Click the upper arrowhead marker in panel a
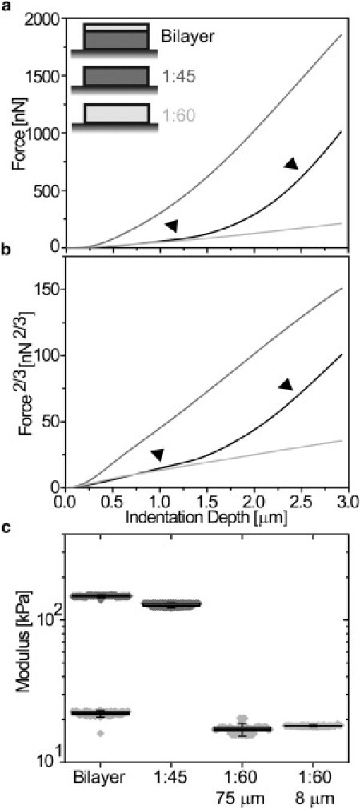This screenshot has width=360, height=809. [x=291, y=164]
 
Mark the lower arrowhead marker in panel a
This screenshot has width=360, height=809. [x=170, y=226]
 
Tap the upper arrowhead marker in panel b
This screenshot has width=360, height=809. [x=286, y=385]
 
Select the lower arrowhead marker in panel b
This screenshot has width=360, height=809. [x=158, y=455]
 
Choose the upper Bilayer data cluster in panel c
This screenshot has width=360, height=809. [x=100, y=596]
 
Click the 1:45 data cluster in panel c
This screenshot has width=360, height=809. [x=171, y=605]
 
